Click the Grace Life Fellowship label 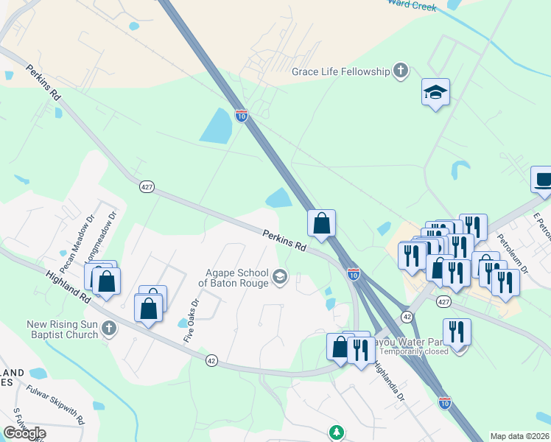coord(340,71)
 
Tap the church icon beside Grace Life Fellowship coord(400,71)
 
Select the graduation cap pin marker coord(435,92)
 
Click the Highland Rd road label coord(67,279)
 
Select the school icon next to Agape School coord(279,277)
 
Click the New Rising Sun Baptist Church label coord(52,329)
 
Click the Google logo coord(24,433)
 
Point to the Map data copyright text coord(510,436)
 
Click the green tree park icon coord(336,431)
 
